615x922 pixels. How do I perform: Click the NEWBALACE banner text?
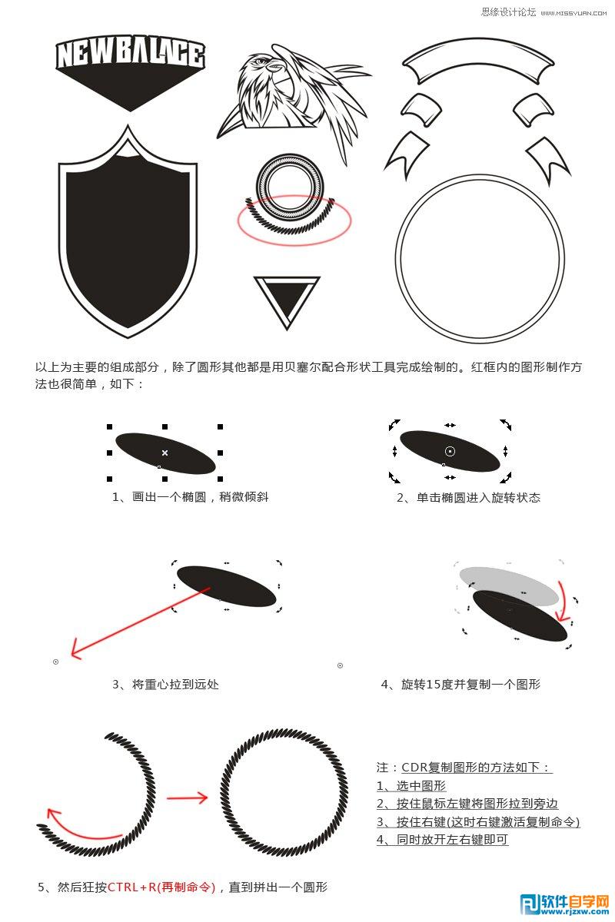[130, 55]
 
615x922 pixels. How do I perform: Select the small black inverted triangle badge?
[287, 300]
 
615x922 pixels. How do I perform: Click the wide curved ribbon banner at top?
[471, 60]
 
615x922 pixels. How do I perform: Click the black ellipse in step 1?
[165, 453]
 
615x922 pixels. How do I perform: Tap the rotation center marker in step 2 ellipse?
[450, 451]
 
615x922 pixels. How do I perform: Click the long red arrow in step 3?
[138, 622]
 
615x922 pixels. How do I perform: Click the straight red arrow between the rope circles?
[187, 798]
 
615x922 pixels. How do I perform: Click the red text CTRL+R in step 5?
[162, 887]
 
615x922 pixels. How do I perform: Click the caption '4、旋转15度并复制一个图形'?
[460, 683]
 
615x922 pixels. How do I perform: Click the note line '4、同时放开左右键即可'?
[442, 839]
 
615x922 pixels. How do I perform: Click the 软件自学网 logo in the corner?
[565, 904]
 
